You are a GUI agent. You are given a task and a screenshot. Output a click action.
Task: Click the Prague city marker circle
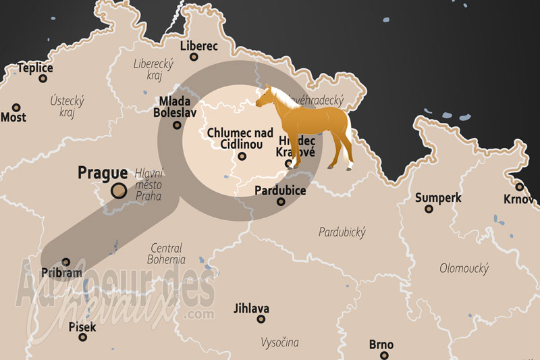coord(119,191)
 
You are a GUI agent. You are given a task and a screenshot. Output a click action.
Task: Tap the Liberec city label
coord(199,46)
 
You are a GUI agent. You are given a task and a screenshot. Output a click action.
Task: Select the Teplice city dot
coord(43,78)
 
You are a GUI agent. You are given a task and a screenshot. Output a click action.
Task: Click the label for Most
coord(13,118)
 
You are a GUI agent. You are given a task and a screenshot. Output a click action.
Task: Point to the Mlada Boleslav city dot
coord(177,124)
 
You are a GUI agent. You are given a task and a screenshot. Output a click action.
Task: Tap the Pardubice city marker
coord(281,201)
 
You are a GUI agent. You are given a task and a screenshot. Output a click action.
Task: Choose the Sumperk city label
coord(438,198)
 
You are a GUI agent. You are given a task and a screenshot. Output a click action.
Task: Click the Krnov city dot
coord(519,187)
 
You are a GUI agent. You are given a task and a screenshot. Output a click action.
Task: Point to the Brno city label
coord(381,345)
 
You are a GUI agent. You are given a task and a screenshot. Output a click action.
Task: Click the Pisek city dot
coord(82,337)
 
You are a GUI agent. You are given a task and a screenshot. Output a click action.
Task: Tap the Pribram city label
coord(62,273)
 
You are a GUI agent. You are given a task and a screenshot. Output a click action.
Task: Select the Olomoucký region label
coord(464,268)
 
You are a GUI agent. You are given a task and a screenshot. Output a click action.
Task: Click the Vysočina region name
coord(279,342)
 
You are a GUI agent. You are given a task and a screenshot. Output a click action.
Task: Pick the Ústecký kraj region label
coord(67,106)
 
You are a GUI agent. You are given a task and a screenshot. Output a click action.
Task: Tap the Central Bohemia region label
coord(167,253)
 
